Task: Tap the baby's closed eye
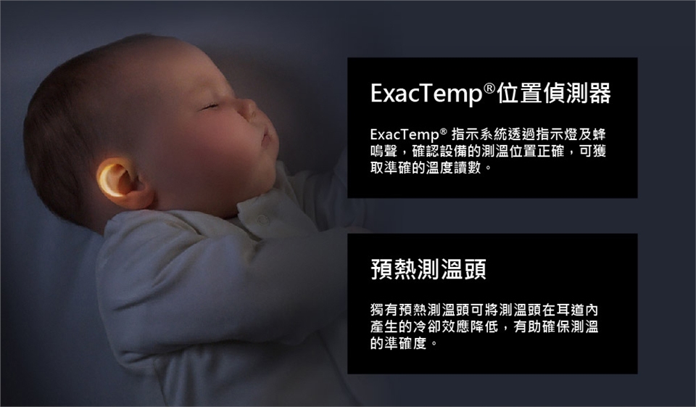click(210, 106)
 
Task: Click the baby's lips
click(266, 135)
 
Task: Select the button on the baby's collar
click(262, 220)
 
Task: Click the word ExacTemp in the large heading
click(426, 94)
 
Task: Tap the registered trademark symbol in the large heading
click(489, 88)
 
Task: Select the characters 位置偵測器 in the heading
click(553, 93)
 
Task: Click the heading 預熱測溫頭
click(428, 269)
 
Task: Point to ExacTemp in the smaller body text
click(405, 134)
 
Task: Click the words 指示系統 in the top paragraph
click(479, 134)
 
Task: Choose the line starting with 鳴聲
click(488, 151)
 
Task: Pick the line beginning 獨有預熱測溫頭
click(484, 310)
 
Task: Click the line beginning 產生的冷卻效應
click(484, 326)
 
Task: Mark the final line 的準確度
click(403, 343)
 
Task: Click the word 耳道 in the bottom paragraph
click(570, 310)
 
